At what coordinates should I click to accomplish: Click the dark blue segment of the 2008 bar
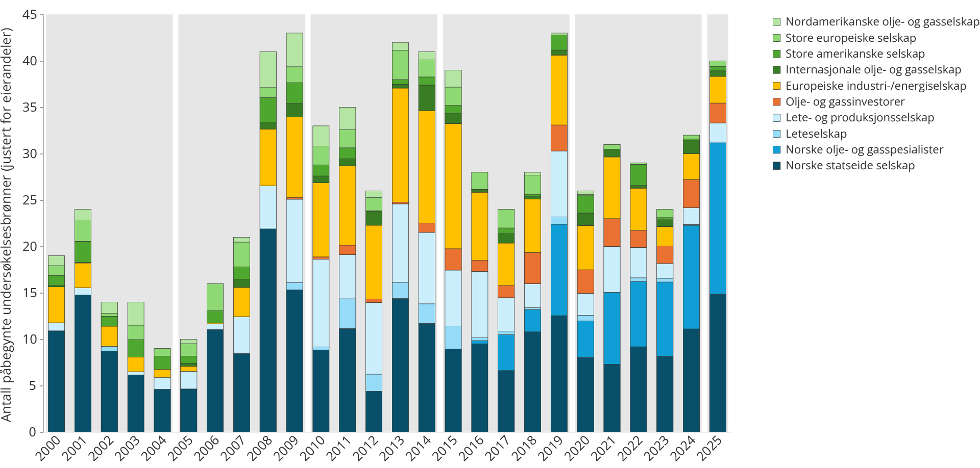pos(268,330)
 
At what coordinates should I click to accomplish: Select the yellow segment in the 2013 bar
pos(400,145)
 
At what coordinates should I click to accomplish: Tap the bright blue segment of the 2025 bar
pos(718,218)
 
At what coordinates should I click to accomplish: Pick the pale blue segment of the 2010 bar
pos(321,303)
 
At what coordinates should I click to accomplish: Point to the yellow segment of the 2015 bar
pos(453,186)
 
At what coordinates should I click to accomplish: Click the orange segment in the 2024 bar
pos(692,194)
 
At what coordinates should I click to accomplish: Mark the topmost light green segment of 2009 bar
pos(295,50)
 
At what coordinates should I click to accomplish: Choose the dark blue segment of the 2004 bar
pos(162,410)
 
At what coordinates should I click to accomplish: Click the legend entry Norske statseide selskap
pos(844,166)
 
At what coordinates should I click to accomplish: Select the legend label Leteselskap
pos(816,134)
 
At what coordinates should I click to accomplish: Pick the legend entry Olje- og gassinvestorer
pos(839,102)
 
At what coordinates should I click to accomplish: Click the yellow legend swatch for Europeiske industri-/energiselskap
pos(777,86)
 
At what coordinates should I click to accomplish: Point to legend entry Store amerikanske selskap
pos(849,54)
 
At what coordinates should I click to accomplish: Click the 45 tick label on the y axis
pos(30,15)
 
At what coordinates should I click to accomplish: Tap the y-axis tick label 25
pos(30,200)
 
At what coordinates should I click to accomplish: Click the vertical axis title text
pos(7,224)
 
